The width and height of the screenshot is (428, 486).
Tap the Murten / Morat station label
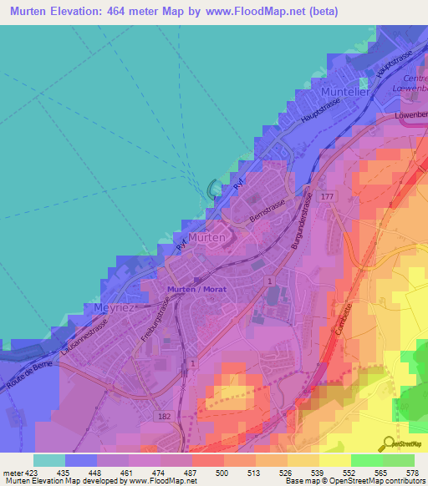click(x=198, y=289)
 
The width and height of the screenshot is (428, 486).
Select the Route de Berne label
click(x=24, y=376)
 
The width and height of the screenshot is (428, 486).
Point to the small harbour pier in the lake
click(x=213, y=188)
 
